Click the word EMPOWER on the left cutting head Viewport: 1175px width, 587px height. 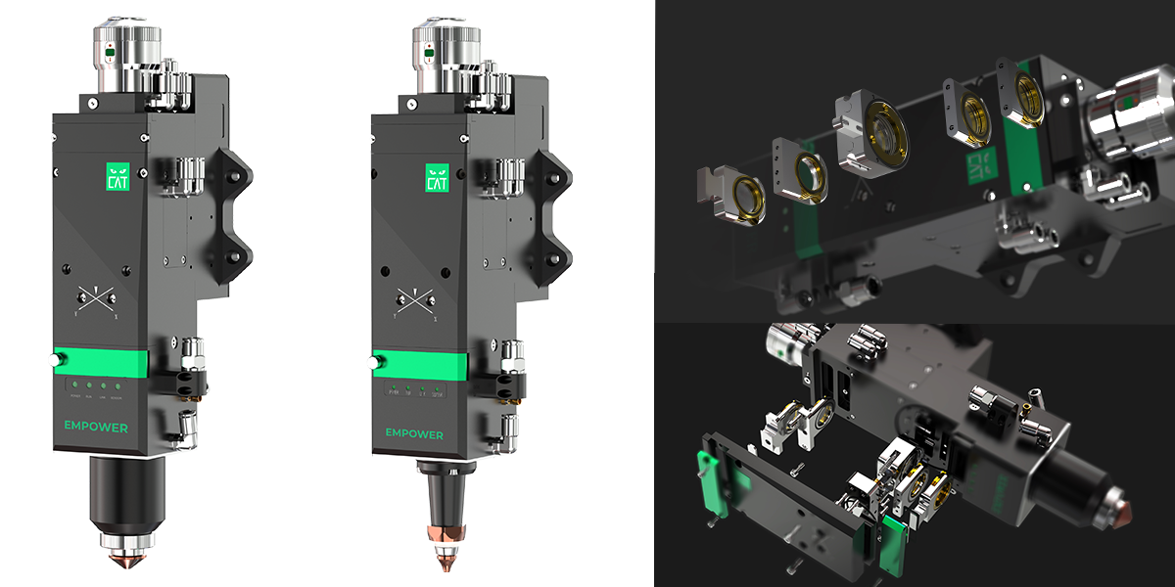coord(95,428)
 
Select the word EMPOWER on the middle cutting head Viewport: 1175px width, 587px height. coord(414,433)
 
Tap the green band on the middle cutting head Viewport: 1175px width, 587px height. coord(421,366)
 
